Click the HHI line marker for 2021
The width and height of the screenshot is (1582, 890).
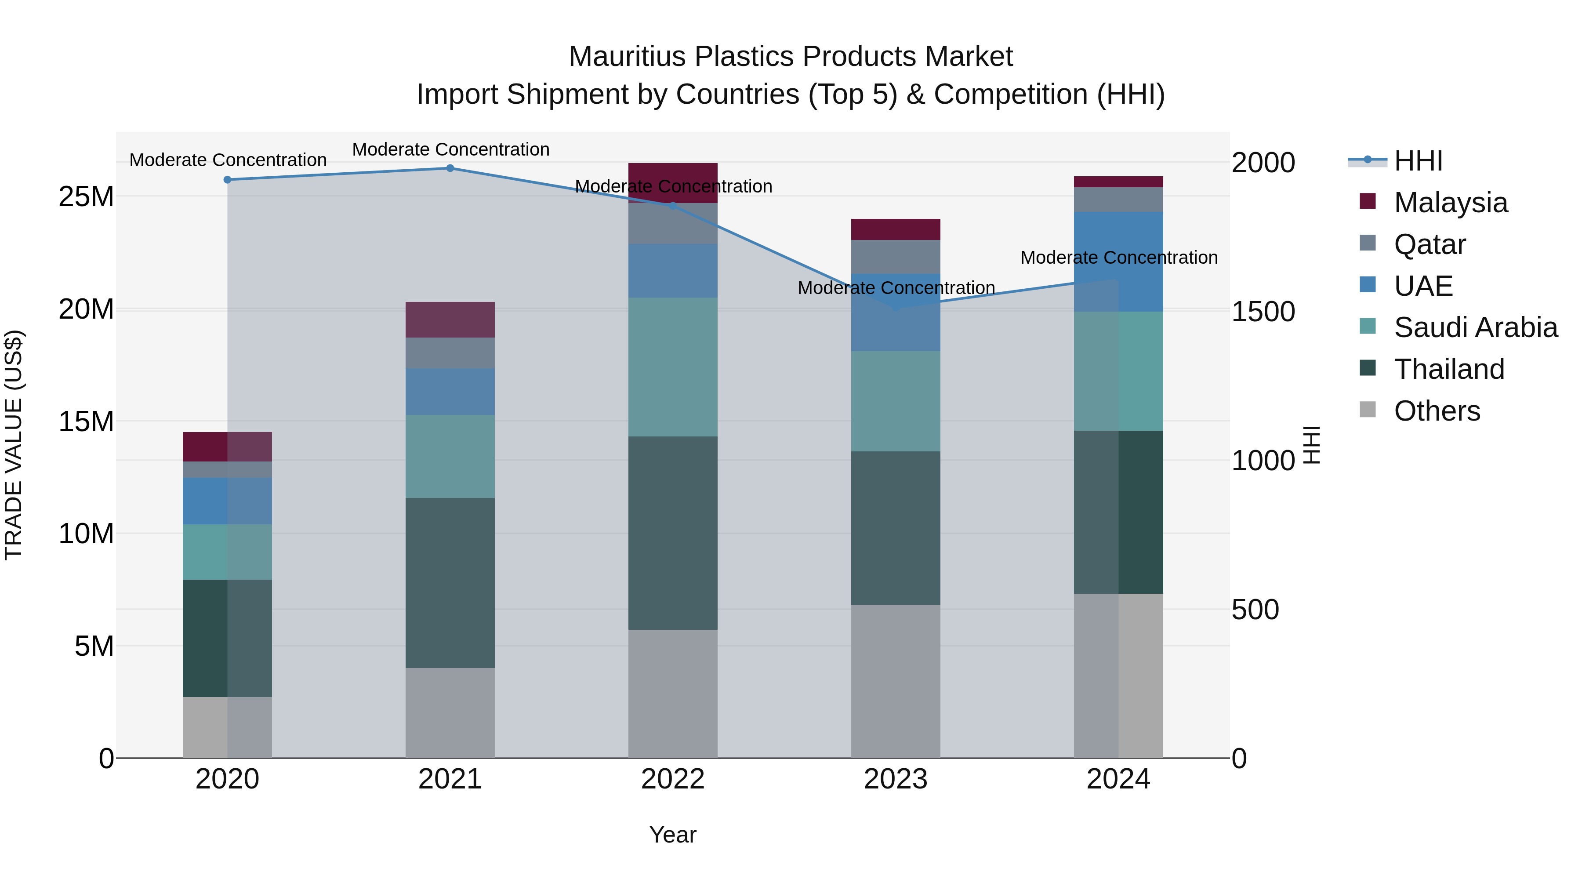(450, 168)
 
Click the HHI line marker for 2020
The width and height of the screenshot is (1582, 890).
(227, 180)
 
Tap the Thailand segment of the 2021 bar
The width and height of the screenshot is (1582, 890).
(450, 582)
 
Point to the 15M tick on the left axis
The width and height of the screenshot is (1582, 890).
(86, 421)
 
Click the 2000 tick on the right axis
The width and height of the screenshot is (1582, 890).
(1263, 163)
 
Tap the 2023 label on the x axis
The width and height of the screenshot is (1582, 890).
(896, 779)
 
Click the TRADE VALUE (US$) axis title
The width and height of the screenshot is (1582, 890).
(14, 445)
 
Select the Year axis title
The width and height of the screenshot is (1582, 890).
(672, 835)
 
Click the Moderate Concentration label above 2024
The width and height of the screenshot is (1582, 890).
(1118, 258)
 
